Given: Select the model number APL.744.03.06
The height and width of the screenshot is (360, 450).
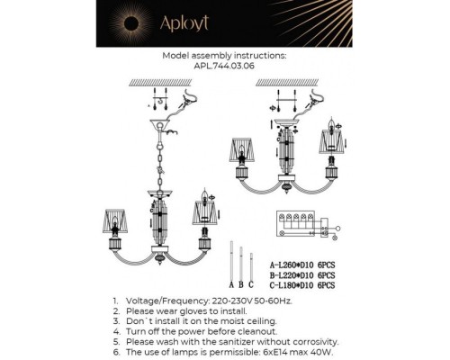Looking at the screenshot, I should coord(225,65).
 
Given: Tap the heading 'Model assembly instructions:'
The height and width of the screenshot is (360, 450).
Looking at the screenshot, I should coord(225,55).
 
